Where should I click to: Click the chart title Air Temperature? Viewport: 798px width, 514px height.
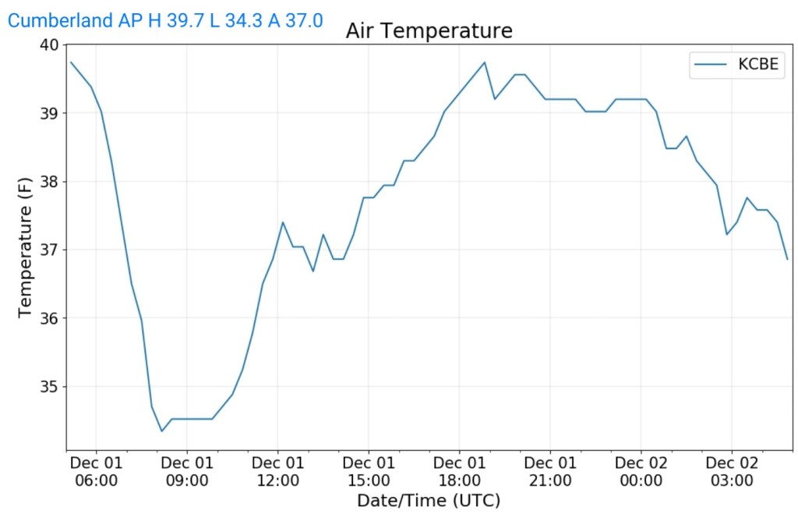[429, 31]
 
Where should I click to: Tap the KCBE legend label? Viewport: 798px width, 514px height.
[757, 65]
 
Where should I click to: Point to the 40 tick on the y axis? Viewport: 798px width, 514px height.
[49, 45]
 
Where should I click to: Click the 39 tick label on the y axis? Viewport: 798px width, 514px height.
[49, 113]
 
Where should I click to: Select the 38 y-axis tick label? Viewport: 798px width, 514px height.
[49, 182]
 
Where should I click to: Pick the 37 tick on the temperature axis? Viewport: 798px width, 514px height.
[49, 250]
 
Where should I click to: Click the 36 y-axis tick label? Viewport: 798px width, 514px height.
[49, 318]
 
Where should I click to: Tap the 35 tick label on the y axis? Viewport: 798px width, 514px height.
[49, 387]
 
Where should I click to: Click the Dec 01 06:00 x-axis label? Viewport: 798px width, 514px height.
[97, 471]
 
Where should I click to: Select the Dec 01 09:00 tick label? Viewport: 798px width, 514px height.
[187, 471]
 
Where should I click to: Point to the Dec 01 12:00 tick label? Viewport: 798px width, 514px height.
[278, 471]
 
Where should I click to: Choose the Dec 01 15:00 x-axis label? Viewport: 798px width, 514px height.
[369, 471]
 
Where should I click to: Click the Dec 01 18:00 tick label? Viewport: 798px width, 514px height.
[460, 471]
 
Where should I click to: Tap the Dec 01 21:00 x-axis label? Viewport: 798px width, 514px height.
[550, 471]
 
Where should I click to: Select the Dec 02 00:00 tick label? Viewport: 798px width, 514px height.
[641, 471]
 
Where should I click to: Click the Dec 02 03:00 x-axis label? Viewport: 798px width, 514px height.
[732, 471]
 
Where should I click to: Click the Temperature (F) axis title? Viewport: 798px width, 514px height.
[25, 247]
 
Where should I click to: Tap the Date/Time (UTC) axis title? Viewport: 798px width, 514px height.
[429, 500]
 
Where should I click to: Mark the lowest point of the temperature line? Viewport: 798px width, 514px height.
[162, 431]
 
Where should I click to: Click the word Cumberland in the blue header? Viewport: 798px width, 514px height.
[60, 20]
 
